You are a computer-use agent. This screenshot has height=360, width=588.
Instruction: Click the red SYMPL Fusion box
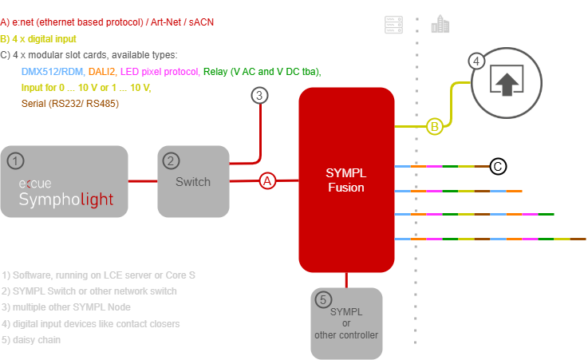coord(346,181)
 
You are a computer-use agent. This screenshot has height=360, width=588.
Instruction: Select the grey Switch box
coord(193,182)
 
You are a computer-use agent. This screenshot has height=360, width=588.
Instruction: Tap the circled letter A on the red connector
coord(267,181)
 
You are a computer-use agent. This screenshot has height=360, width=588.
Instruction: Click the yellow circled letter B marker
coord(435,126)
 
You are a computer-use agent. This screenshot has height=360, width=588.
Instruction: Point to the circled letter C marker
coord(497,167)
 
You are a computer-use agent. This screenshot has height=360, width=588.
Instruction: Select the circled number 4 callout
coord(476,61)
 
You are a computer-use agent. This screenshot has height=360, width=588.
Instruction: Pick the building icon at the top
coord(439,26)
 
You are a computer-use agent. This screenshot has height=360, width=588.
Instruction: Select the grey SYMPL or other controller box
coord(346,322)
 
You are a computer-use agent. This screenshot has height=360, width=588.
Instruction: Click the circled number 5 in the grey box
coord(323,300)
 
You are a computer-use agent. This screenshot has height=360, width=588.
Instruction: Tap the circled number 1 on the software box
coord(14,161)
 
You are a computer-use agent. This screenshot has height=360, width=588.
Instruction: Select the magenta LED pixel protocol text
coord(160,72)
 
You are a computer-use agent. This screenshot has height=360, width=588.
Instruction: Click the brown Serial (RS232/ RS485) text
coord(71,104)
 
